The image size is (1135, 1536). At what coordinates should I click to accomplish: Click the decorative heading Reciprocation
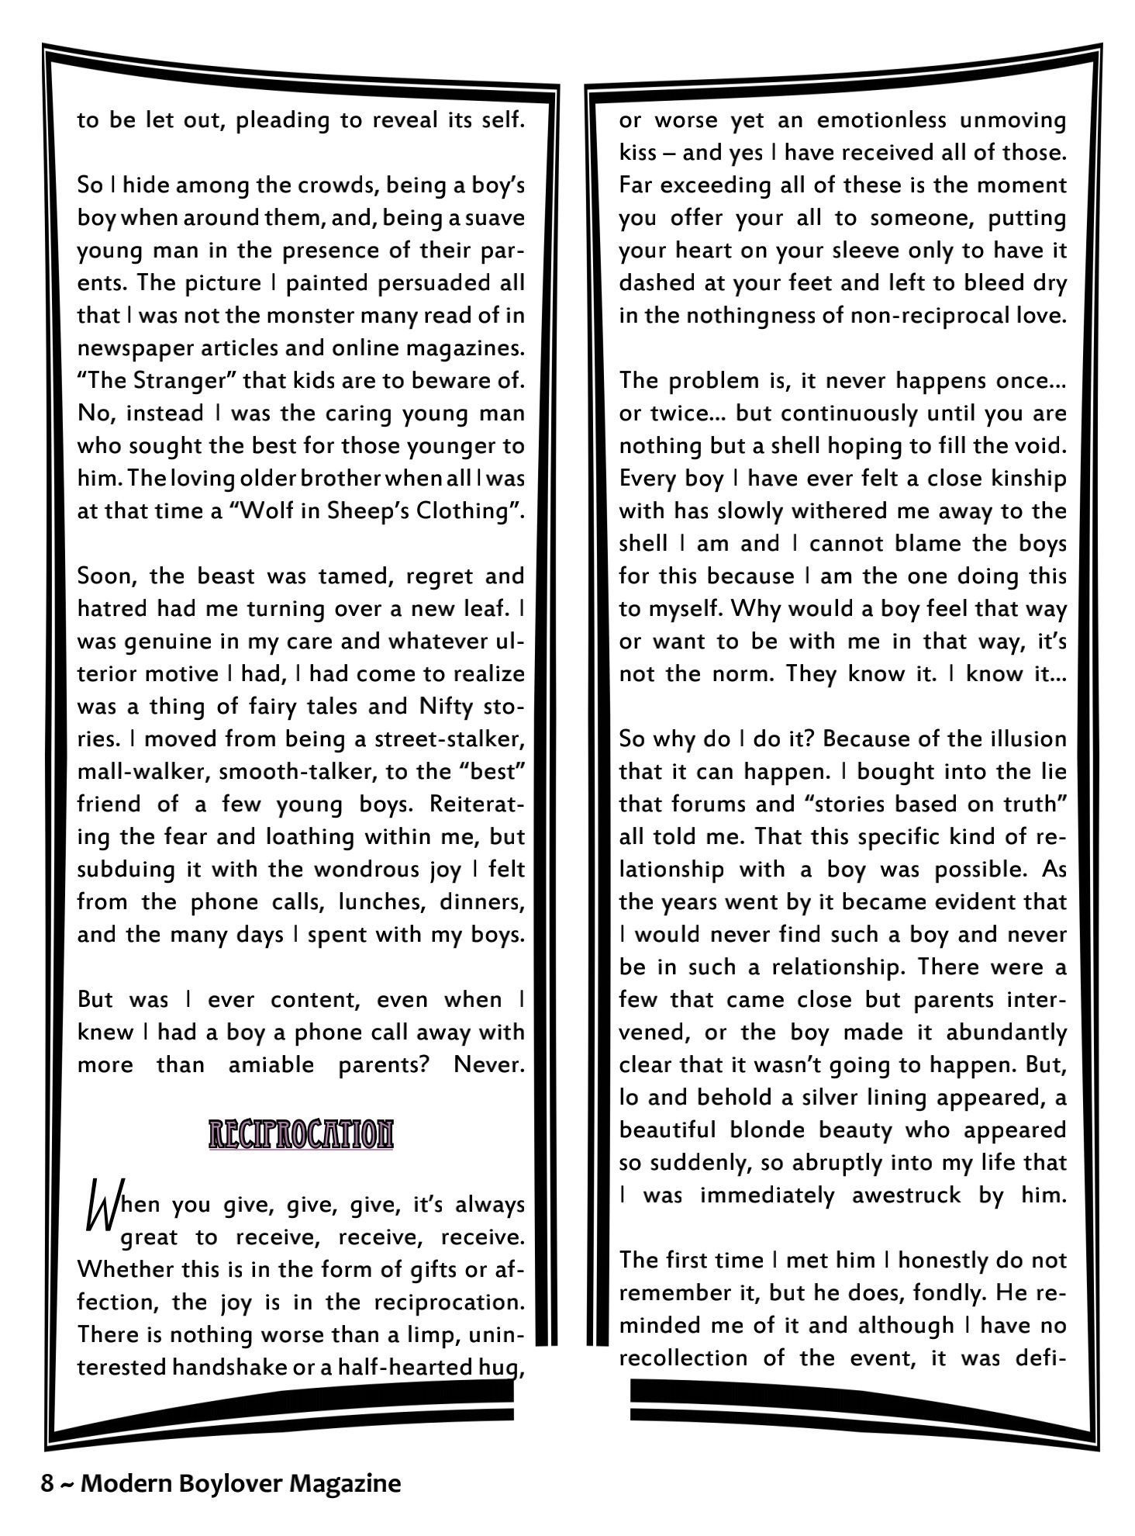pos(301,1135)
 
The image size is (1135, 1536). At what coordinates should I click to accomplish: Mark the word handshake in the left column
pos(228,1367)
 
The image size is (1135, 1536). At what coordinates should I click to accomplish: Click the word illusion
pos(1026,739)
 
